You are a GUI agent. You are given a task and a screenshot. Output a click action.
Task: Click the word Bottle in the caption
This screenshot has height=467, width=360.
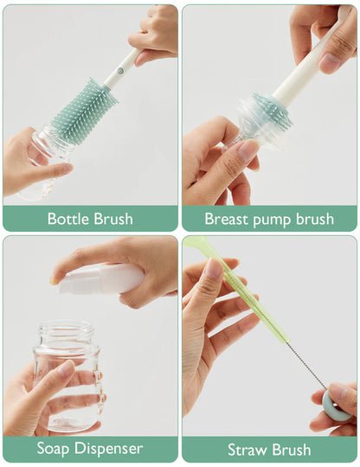68,219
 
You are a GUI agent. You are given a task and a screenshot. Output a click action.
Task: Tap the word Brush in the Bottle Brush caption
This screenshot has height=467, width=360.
112,219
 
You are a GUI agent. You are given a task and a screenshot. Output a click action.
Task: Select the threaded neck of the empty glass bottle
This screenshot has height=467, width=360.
65,334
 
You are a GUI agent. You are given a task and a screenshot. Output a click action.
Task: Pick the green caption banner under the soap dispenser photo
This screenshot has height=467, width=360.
90,449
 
